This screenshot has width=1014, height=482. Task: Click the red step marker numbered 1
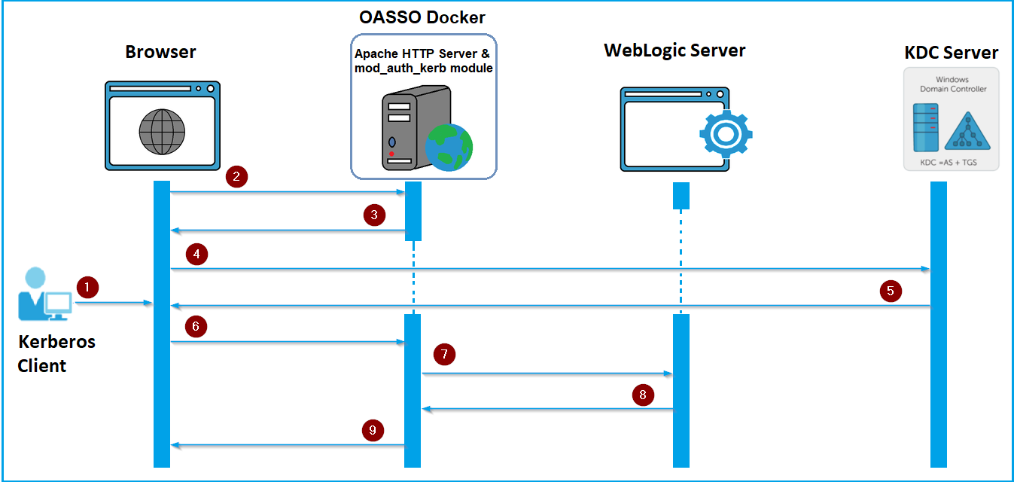click(x=87, y=287)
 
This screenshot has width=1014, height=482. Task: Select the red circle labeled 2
click(x=236, y=178)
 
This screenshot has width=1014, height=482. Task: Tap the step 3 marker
click(x=374, y=215)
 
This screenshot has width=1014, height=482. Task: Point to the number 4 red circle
click(x=196, y=255)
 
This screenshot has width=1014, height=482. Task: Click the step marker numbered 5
click(x=890, y=291)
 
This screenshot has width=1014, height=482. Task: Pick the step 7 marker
click(x=445, y=354)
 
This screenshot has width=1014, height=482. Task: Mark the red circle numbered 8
click(x=642, y=395)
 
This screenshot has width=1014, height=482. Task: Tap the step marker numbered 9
click(x=373, y=431)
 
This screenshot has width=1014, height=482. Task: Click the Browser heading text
click(x=160, y=52)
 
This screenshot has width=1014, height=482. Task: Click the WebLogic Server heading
click(x=674, y=50)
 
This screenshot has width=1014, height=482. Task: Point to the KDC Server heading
click(x=951, y=53)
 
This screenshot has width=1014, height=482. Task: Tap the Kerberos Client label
click(x=56, y=353)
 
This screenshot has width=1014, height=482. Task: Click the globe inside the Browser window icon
click(x=162, y=132)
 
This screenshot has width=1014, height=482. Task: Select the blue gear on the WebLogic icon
click(x=725, y=133)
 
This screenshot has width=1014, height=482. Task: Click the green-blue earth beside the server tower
click(x=449, y=147)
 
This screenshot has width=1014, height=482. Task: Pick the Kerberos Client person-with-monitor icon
click(x=44, y=294)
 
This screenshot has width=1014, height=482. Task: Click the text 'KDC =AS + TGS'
click(x=951, y=162)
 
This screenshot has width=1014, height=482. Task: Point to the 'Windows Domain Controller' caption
click(x=952, y=84)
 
